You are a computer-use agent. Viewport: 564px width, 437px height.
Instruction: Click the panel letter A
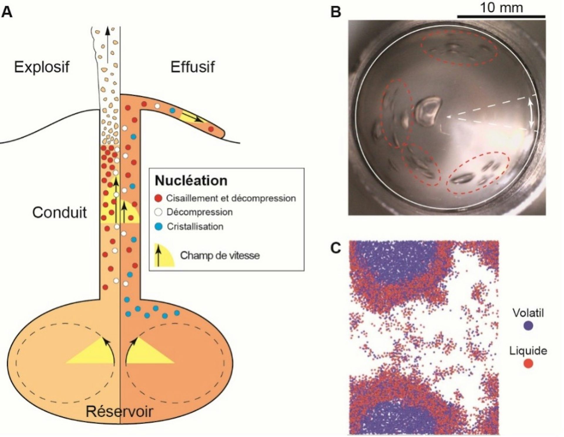coord(7,12)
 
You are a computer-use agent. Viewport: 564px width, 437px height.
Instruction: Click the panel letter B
coord(336,12)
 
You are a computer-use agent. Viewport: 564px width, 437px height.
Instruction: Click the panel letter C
coord(336,248)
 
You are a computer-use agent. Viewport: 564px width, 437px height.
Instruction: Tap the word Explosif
coord(42,67)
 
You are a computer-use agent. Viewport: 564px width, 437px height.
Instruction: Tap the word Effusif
coord(192,67)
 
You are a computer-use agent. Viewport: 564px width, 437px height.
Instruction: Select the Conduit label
coord(59,212)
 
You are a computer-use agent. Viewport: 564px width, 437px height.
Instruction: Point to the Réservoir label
coord(119,411)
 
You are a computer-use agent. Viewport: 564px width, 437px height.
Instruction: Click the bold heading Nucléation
coord(191,181)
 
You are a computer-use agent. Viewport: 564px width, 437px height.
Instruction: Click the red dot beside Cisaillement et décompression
coord(159,198)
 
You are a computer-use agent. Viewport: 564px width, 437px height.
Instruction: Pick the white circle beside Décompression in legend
coord(159,212)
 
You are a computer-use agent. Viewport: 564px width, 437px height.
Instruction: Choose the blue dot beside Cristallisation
coord(159,226)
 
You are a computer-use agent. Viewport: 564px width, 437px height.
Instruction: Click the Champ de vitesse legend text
coord(220,255)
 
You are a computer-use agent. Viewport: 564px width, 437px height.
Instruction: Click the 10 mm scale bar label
coord(501,7)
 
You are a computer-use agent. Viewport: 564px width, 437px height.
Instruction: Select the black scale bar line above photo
coord(501,16)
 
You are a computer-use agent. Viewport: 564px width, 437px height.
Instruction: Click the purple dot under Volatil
coord(528,326)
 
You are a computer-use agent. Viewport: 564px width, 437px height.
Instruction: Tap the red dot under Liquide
coord(528,364)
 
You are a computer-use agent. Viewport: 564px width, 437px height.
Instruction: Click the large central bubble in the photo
coord(428,111)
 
